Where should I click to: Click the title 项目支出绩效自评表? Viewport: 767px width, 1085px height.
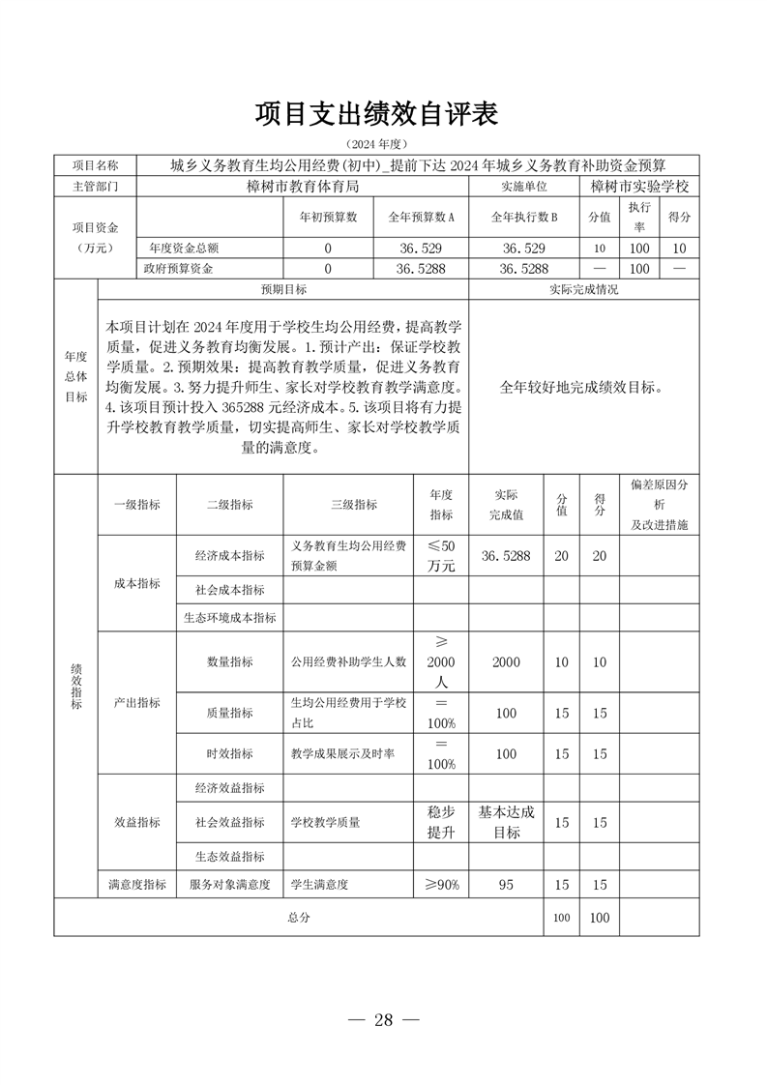[x=376, y=115]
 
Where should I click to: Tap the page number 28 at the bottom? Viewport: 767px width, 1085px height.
[x=384, y=1020]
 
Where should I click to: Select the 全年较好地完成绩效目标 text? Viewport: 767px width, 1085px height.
[x=582, y=387]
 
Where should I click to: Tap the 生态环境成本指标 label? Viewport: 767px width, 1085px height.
[x=230, y=617]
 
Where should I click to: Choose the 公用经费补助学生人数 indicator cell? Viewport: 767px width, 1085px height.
[x=349, y=662]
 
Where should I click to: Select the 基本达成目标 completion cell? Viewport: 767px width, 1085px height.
[x=506, y=822]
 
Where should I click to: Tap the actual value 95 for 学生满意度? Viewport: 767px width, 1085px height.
[x=506, y=884]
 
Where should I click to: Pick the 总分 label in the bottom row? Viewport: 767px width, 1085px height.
[x=298, y=917]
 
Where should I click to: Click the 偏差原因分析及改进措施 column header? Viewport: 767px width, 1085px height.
[x=659, y=504]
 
